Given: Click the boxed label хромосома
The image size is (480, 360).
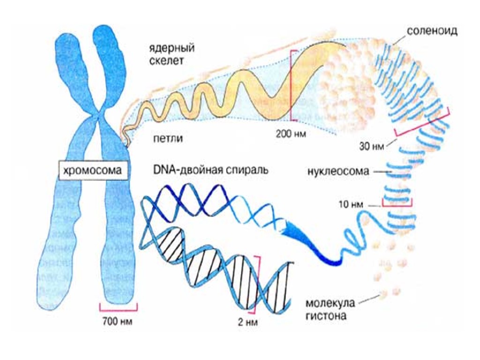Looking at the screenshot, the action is [92, 171].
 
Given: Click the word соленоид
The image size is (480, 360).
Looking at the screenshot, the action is [432, 31].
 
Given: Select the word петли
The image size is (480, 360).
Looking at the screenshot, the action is [167, 139].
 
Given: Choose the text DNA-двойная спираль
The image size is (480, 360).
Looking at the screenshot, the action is [210, 169].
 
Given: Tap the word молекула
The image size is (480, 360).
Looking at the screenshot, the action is [330, 302].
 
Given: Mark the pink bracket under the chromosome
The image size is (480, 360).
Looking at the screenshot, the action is [118, 306].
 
